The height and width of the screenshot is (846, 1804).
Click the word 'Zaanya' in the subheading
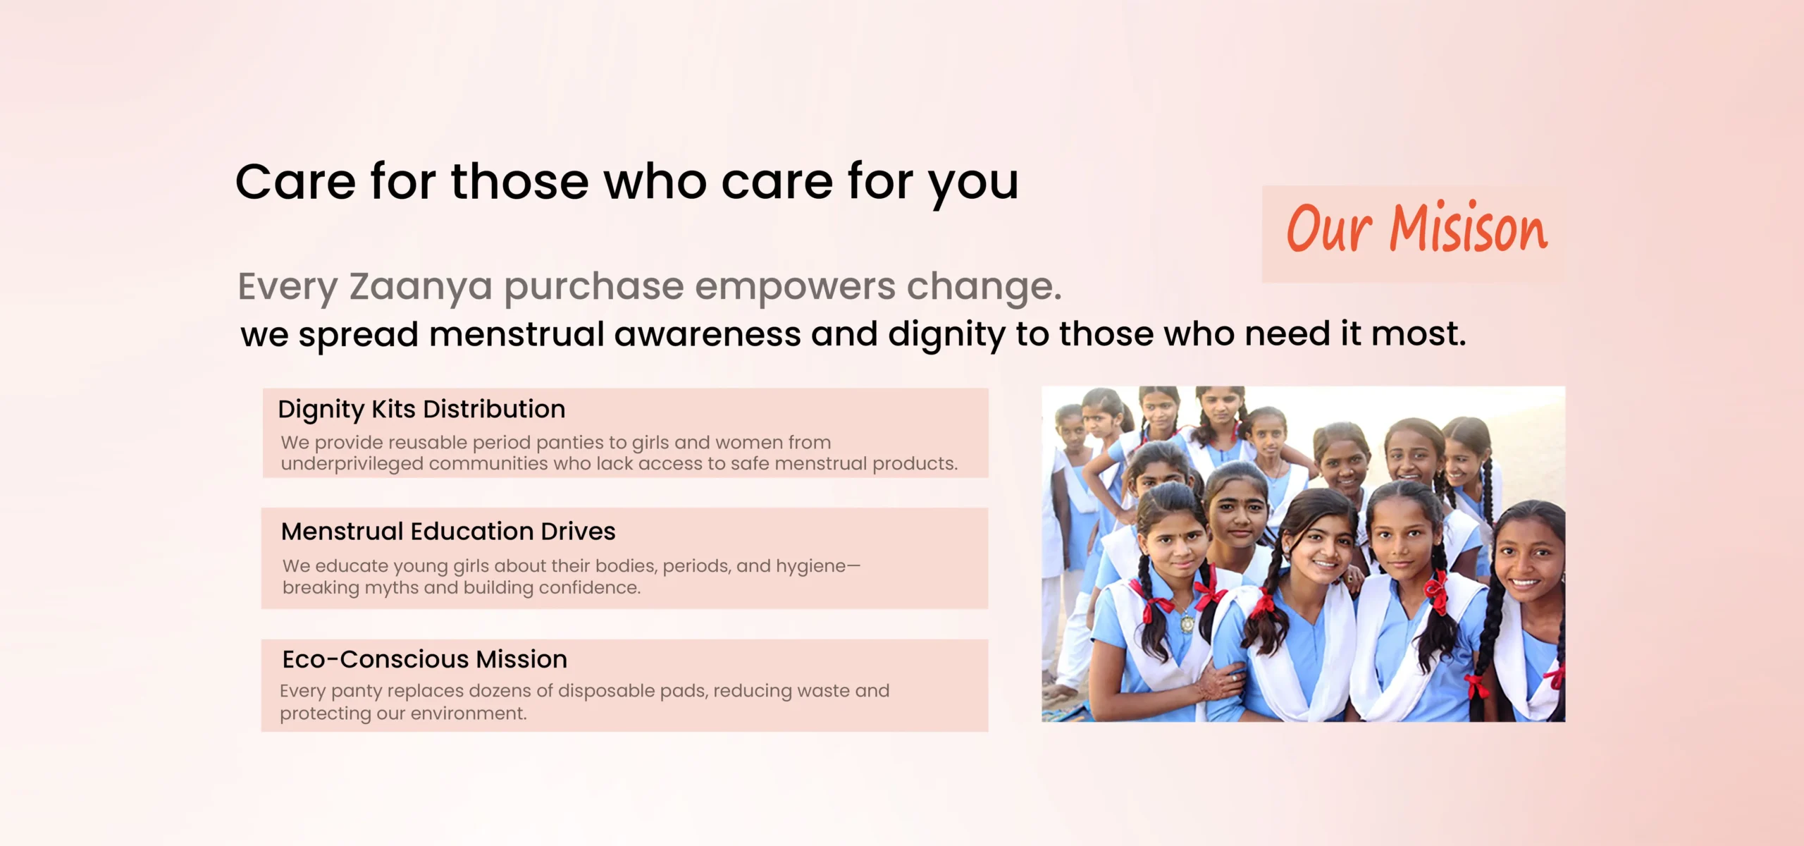421,288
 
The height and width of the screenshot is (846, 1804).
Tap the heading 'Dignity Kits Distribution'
421,410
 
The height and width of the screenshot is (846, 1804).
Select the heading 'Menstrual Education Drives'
448,531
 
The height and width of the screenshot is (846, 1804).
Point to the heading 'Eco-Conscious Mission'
425,659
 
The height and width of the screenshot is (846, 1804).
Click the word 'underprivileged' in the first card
352,465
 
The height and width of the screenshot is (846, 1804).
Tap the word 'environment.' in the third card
469,713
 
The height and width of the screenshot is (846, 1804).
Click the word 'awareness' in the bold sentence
708,334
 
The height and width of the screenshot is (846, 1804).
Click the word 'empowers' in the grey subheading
795,288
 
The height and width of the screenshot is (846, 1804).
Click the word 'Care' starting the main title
295,182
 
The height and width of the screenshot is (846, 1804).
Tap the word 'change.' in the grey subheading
984,286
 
